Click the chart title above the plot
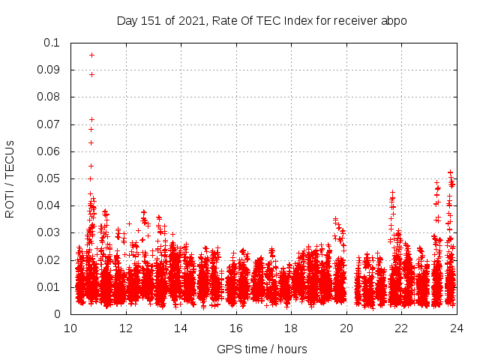[x=262, y=20]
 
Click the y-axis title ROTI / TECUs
[x=10, y=178]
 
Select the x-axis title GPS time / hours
[x=262, y=349]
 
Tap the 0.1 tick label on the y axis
[x=52, y=43]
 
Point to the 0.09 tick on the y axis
[x=49, y=70]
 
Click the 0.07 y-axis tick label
[x=49, y=124]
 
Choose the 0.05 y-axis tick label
[x=49, y=178]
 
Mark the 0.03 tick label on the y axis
[x=49, y=232]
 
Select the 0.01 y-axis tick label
[x=49, y=286]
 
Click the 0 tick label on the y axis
[x=58, y=314]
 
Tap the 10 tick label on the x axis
[x=70, y=328]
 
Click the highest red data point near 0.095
[x=91, y=55]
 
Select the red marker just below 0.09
[x=91, y=74]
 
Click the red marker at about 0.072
[x=91, y=119]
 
